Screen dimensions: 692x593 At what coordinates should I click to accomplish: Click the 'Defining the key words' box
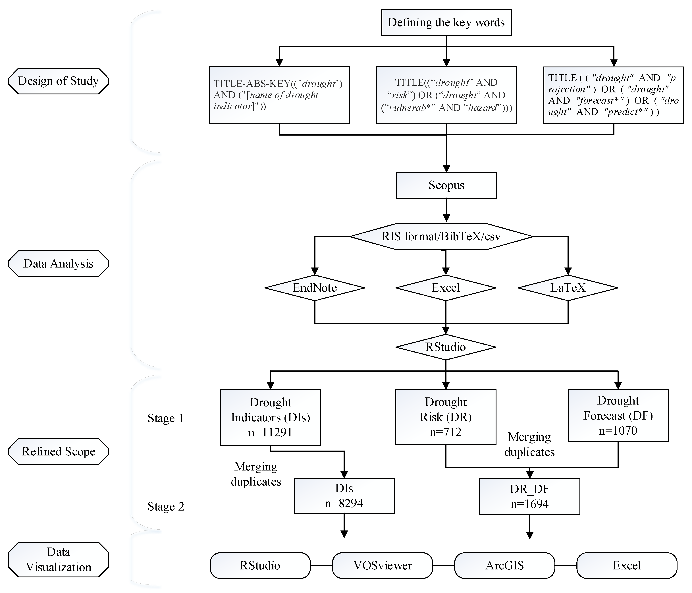[446, 22]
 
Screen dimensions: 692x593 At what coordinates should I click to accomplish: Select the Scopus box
[446, 185]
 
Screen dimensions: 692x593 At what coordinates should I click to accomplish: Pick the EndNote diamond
[315, 288]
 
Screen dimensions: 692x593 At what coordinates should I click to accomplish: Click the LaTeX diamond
[568, 288]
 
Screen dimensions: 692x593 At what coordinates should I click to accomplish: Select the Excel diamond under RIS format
[446, 288]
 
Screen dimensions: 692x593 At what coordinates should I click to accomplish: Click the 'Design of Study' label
[59, 81]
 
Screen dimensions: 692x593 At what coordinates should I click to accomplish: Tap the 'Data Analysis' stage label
[59, 264]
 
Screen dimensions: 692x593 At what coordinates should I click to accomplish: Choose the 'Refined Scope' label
[59, 451]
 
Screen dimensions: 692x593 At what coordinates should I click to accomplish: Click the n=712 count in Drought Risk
[446, 432]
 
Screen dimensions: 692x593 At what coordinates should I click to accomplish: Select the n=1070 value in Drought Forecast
[618, 430]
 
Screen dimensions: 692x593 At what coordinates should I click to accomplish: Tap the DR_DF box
[529, 496]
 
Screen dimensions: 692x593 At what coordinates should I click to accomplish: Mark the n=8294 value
[344, 503]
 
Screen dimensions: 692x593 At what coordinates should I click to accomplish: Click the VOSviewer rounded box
[382, 565]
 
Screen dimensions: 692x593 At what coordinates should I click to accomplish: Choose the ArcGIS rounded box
[505, 565]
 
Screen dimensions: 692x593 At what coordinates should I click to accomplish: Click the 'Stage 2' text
[166, 507]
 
